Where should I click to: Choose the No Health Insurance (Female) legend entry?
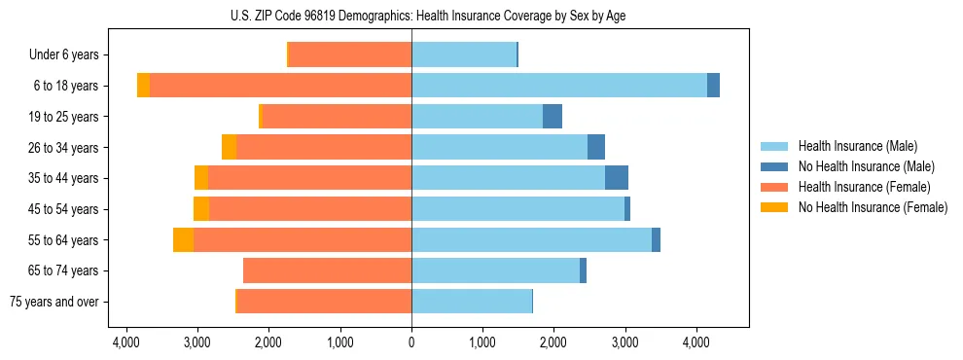(x=873, y=207)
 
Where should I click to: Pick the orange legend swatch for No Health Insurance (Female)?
(x=775, y=207)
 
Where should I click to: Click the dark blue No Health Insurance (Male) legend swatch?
(x=775, y=166)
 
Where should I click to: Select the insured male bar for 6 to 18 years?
(x=559, y=86)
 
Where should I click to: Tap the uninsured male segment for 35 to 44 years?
(x=617, y=178)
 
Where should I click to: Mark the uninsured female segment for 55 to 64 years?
(x=183, y=239)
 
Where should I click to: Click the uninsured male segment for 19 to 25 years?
(x=553, y=117)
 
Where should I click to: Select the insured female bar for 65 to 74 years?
(x=328, y=270)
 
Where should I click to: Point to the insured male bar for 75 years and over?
(x=472, y=302)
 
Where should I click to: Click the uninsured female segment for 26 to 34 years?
(x=229, y=147)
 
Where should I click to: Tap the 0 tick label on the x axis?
(x=411, y=343)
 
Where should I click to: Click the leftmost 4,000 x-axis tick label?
(x=126, y=343)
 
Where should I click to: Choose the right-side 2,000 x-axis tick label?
(x=553, y=343)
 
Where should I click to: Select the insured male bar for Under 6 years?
(x=464, y=54)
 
